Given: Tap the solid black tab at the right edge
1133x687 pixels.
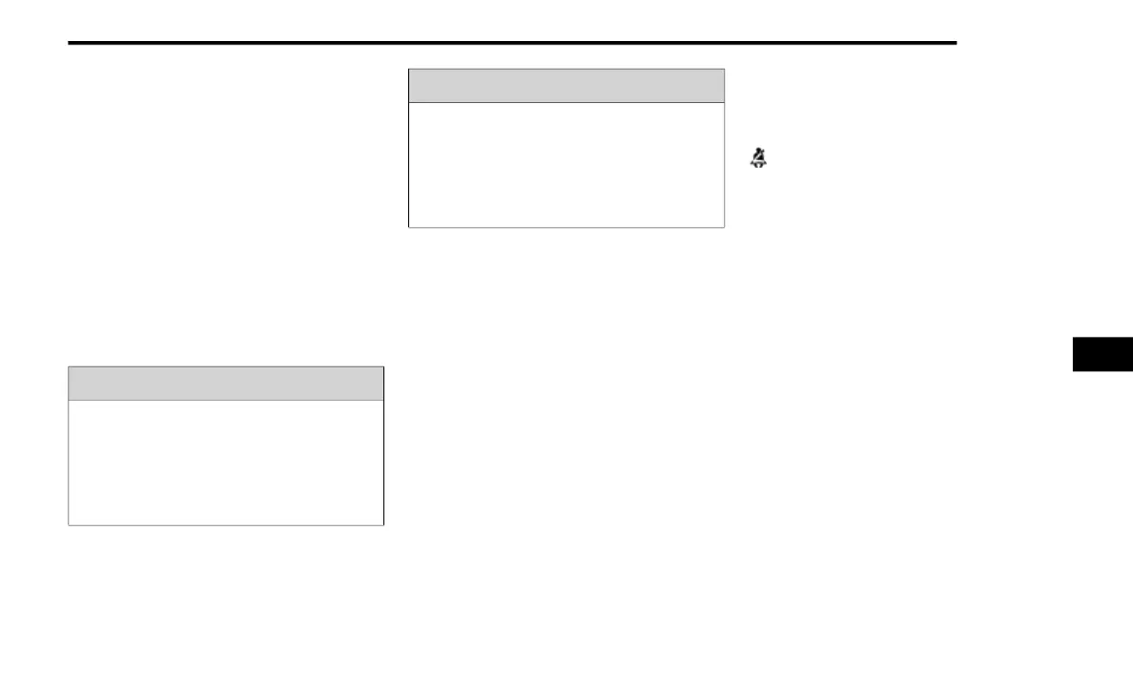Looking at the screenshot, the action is pos(1102,353).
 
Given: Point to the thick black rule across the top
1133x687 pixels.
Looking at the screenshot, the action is pos(512,43).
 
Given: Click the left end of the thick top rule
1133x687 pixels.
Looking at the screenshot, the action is pos(71,43).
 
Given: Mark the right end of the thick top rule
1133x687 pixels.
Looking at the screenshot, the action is pos(955,43).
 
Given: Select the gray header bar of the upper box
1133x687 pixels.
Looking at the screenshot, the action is pos(566,86).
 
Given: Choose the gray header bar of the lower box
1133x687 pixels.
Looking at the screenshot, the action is pos(226,384).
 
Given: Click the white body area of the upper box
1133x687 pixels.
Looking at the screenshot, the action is pos(566,164).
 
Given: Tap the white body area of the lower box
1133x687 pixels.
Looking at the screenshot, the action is pos(226,462).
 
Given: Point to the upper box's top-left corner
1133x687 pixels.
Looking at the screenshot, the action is pos(409,69).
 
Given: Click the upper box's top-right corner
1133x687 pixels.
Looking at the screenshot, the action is pos(724,69).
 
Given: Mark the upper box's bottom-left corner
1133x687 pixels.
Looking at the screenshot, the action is pos(409,227).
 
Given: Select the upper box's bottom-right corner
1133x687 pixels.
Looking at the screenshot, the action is pos(724,227).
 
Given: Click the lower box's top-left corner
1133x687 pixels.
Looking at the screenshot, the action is pos(69,366).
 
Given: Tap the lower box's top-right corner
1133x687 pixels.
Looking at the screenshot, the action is pos(383,366).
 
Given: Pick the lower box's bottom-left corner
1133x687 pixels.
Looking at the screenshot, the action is pos(69,525).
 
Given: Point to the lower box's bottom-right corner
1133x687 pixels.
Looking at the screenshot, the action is pos(383,525).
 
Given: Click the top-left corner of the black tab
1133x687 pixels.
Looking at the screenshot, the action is pos(1073,337).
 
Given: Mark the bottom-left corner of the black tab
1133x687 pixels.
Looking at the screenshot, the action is pos(1073,370).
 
